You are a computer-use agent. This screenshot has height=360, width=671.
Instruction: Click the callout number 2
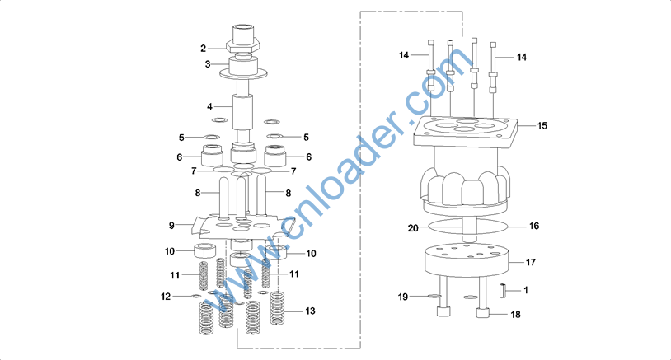[x=204, y=49]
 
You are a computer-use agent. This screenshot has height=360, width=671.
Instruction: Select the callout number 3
[x=208, y=64]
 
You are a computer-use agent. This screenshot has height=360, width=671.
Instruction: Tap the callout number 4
[x=209, y=107]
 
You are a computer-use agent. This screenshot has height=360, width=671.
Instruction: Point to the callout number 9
[x=171, y=226]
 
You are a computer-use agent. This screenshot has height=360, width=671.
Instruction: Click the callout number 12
[x=166, y=297]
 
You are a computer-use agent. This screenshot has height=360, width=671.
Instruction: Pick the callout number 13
[x=310, y=311]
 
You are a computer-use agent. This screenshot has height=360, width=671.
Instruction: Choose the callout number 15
[x=542, y=126]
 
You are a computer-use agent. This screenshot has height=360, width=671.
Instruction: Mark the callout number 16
[x=534, y=226]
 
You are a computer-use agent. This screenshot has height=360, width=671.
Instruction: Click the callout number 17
[x=531, y=262]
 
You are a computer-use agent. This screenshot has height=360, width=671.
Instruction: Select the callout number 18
[x=516, y=315]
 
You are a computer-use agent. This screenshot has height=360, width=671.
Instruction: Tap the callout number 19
[x=403, y=297]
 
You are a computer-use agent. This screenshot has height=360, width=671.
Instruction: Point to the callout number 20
[x=413, y=228]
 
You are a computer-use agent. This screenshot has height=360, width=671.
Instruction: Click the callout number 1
[x=526, y=290]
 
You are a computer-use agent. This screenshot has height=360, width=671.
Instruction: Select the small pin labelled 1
[x=502, y=291]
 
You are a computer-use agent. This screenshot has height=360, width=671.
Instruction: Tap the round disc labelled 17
[x=467, y=260]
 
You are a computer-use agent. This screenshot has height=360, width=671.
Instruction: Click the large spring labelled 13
[x=277, y=308]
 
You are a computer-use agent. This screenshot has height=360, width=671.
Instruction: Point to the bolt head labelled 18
[x=483, y=313]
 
